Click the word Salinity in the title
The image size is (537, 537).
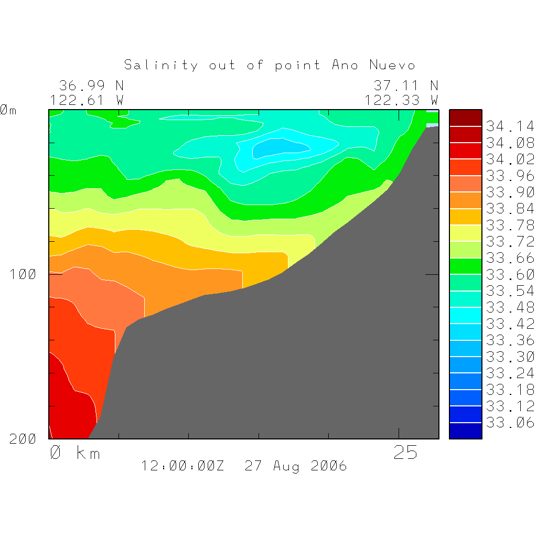[x=161, y=65]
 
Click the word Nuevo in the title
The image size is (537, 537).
[x=392, y=65]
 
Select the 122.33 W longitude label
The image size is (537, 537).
[x=402, y=100]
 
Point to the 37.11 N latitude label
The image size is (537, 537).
[x=406, y=85]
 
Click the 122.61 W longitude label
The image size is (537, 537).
[x=87, y=100]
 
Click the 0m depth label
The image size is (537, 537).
[x=8, y=110]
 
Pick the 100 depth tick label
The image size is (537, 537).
[x=23, y=274]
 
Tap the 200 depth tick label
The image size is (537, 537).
[x=23, y=439]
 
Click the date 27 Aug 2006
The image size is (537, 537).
[x=296, y=466]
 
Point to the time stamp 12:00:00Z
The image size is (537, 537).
[x=182, y=466]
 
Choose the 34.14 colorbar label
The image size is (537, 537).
[x=510, y=126]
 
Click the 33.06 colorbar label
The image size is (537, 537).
[x=510, y=422]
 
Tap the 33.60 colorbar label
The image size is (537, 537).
[x=510, y=274]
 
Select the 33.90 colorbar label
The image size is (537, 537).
[x=510, y=192]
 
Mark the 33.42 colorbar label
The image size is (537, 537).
[x=510, y=324]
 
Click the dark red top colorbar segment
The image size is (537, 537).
[x=465, y=118]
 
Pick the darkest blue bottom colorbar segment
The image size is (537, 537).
[x=465, y=431]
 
